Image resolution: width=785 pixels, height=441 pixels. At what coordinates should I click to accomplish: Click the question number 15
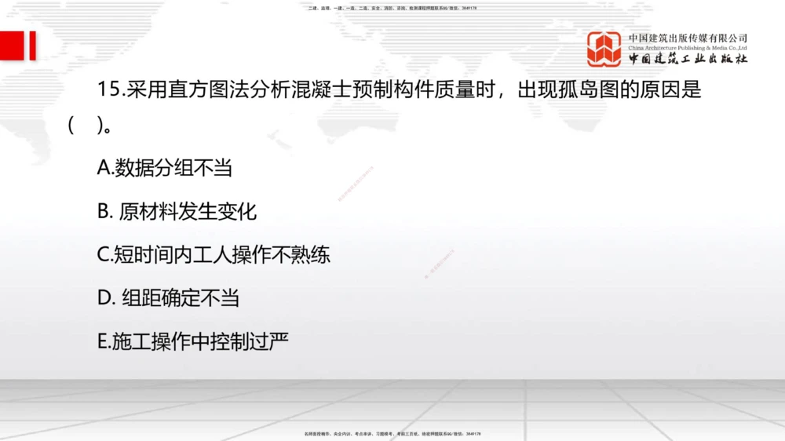pyautogui.click(x=108, y=90)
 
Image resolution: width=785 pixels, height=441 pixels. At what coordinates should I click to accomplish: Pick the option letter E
pyautogui.click(x=103, y=342)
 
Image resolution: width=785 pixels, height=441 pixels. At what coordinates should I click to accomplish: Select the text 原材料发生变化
pyautogui.click(x=188, y=212)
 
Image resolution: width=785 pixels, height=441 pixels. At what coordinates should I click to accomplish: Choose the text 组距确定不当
pyautogui.click(x=181, y=298)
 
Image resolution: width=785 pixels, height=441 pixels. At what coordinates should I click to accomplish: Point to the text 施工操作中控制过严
pyautogui.click(x=201, y=342)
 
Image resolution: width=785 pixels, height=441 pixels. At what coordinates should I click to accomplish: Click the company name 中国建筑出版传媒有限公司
pyautogui.click(x=688, y=38)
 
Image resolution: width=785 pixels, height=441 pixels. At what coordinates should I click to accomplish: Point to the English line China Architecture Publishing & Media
pyautogui.click(x=688, y=48)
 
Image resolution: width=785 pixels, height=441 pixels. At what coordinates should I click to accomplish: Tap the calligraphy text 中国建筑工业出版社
pyautogui.click(x=688, y=60)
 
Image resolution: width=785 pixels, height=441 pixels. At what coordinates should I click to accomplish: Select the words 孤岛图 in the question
pyautogui.click(x=585, y=90)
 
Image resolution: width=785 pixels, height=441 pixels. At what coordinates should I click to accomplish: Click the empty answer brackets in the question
pyautogui.click(x=86, y=126)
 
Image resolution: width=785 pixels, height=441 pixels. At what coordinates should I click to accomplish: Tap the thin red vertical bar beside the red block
pyautogui.click(x=33, y=46)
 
